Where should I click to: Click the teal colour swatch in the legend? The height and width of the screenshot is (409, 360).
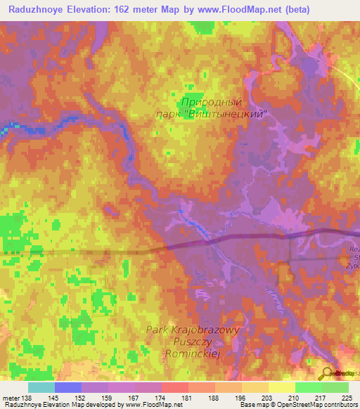[x=41, y=387]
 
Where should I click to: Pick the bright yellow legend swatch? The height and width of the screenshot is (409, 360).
[x=282, y=387]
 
